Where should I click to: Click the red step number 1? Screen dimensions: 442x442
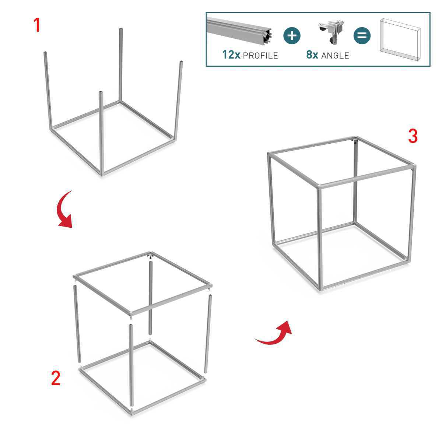coord(37,25)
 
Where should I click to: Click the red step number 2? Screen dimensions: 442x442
coord(56,378)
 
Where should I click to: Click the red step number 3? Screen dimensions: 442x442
coord(413,136)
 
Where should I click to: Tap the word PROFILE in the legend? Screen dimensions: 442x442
coord(260,56)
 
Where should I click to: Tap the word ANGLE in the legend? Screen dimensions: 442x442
coord(335,56)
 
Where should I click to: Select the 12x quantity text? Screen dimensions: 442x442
coord(231,55)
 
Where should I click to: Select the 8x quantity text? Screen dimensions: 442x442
coord(312,55)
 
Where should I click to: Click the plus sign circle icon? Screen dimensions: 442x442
coord(292,36)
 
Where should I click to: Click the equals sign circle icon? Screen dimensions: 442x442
coord(362,36)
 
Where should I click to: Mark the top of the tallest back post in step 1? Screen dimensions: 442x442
coord(120,29)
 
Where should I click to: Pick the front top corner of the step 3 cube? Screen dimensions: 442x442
coord(319,186)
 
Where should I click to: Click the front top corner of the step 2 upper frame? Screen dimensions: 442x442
coord(132,313)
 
